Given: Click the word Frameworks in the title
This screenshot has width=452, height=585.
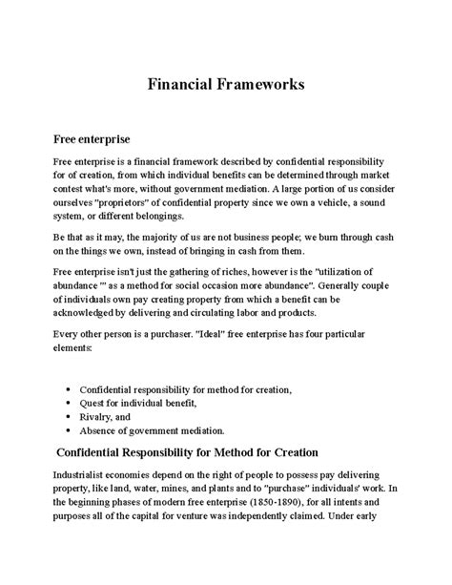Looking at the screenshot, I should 258,83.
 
